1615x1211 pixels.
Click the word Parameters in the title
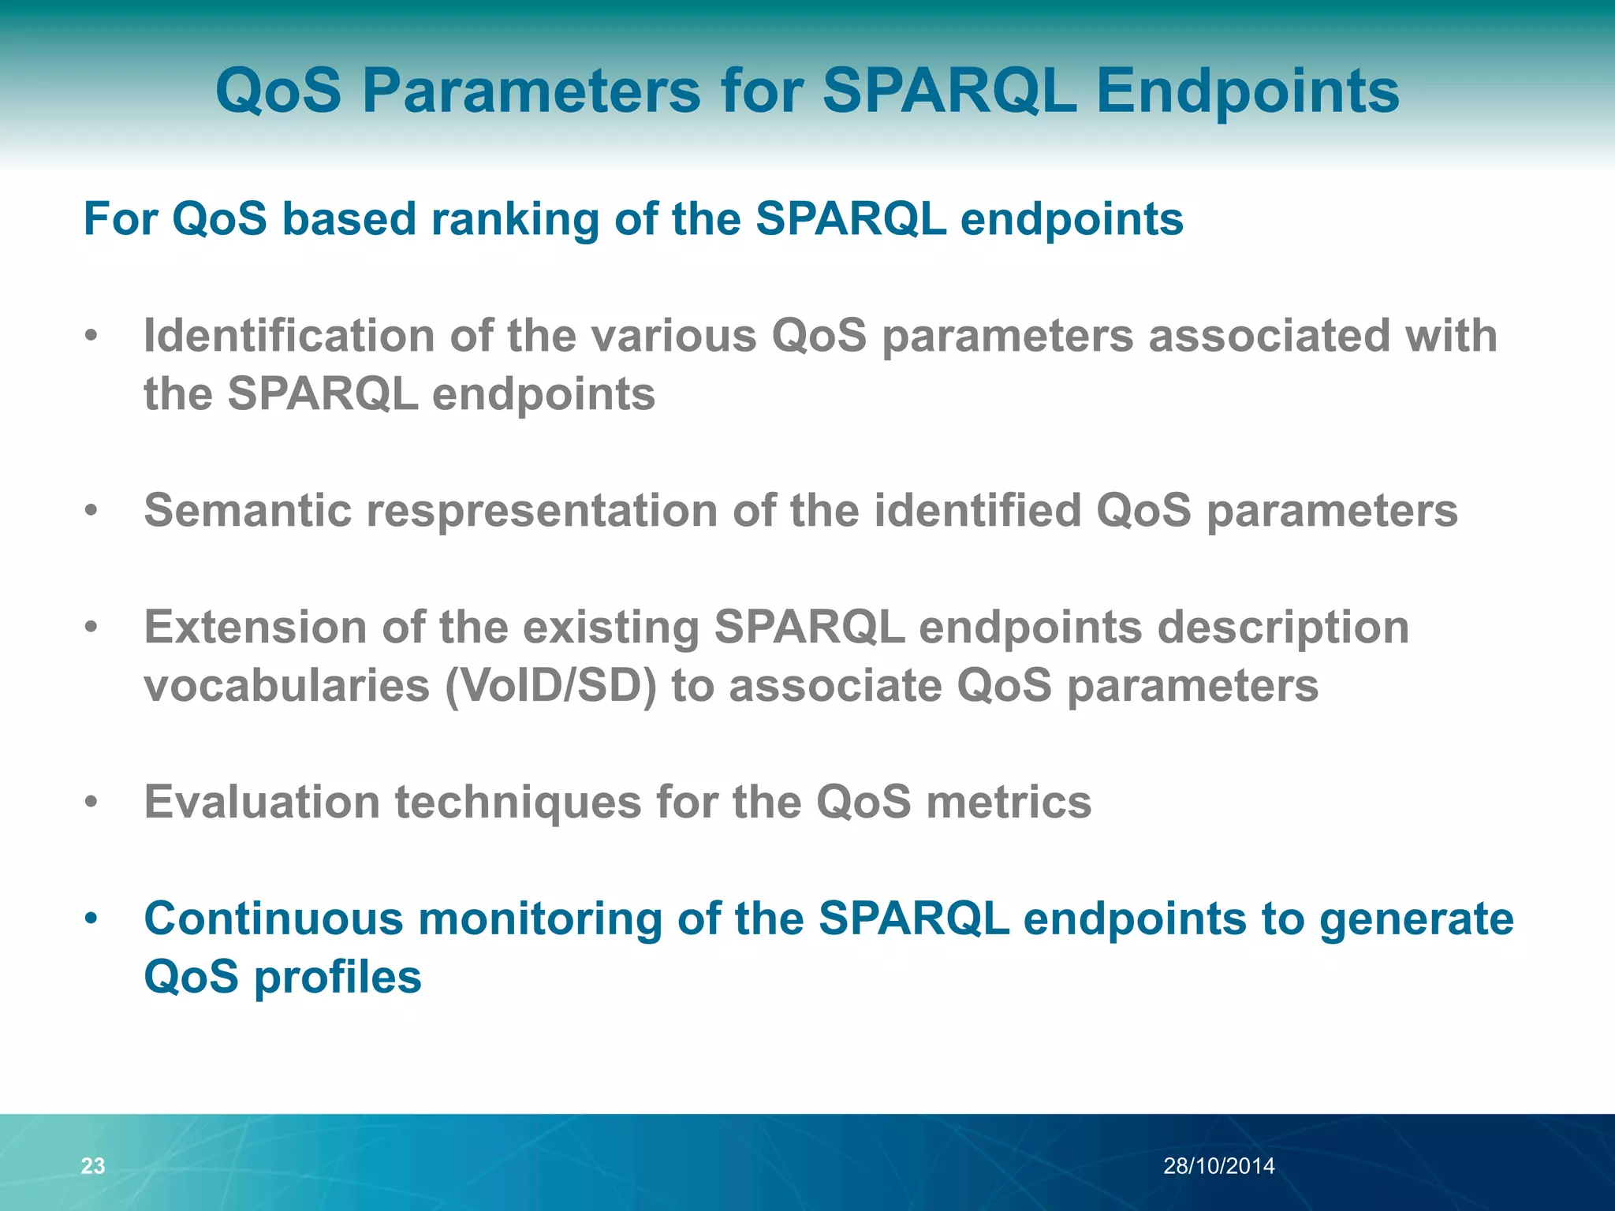click(x=531, y=91)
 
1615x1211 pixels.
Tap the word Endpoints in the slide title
click(x=1248, y=91)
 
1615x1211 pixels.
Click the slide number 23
click(x=93, y=1165)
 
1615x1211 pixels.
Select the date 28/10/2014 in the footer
click(x=1218, y=1165)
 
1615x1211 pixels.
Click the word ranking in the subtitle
click(x=515, y=219)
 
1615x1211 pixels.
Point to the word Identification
click(x=289, y=336)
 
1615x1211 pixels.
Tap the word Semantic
click(x=247, y=511)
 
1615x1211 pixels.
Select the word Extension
click(x=255, y=628)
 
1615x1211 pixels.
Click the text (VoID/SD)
click(x=550, y=686)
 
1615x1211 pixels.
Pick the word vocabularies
click(x=286, y=686)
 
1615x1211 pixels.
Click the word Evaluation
click(x=261, y=803)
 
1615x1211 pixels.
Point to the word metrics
click(x=1009, y=803)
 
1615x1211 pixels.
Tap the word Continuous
click(x=273, y=919)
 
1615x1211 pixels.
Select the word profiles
click(x=338, y=978)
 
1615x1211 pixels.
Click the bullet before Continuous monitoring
click(x=91, y=919)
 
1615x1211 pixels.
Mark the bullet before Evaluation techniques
click(x=91, y=803)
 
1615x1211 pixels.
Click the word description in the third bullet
click(x=1283, y=628)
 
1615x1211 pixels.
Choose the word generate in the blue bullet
click(x=1416, y=919)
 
